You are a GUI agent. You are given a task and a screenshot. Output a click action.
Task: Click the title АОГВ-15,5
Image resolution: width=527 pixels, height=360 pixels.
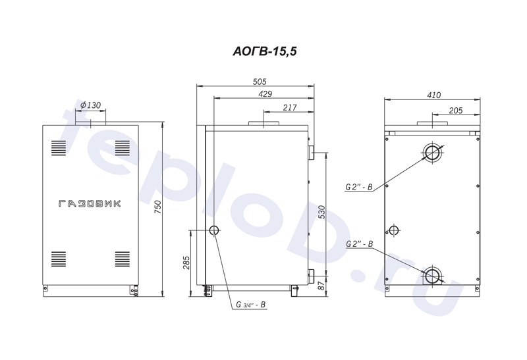coord(265,51)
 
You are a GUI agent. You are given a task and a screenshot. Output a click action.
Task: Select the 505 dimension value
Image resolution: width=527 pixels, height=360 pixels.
coord(259,82)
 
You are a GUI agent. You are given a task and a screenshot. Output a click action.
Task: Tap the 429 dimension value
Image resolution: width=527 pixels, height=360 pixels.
coord(265,94)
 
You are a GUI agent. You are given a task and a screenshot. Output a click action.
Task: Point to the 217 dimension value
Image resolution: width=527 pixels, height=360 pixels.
coord(290,107)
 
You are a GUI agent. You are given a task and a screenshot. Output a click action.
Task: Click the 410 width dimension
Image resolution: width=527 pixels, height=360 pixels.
coord(433,95)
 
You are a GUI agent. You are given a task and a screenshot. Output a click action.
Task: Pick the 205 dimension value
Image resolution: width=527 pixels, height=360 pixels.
coord(455,111)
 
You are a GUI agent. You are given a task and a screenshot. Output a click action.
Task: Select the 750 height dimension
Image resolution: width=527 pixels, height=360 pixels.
coord(158,207)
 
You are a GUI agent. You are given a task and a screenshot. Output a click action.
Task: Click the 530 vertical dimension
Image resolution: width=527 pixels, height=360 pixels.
coord(321,212)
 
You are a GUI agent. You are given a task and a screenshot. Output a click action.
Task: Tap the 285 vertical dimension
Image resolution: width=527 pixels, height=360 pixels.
coord(186,263)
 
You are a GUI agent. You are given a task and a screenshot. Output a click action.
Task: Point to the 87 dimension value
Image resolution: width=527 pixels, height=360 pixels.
coord(321,286)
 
